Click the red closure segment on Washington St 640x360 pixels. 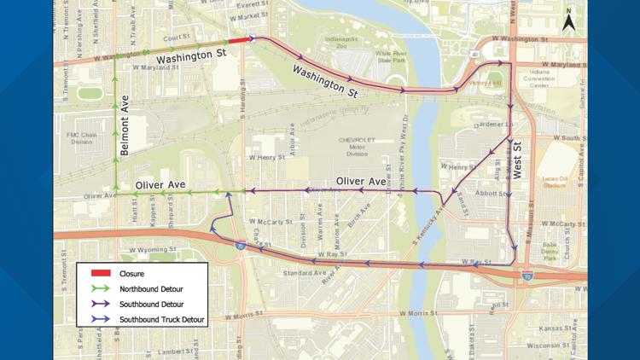click(x=239, y=39)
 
